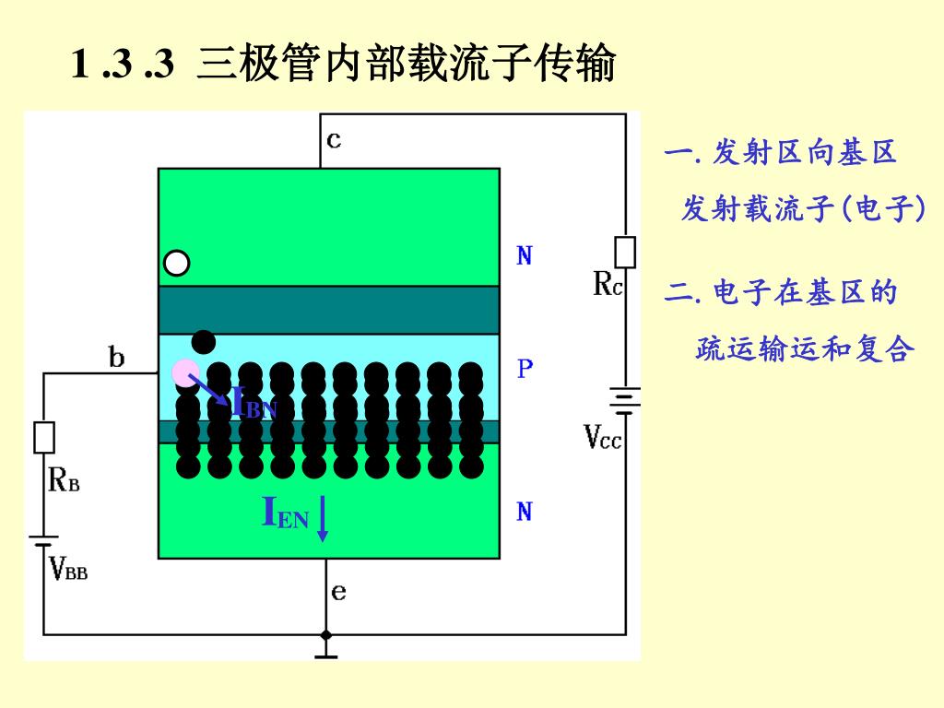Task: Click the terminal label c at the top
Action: point(334,140)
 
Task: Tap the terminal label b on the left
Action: point(117,357)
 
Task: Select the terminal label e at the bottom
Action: point(339,591)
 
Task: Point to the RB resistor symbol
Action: point(44,438)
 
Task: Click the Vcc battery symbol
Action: point(625,398)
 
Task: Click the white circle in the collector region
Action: point(177,264)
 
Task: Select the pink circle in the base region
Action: point(185,372)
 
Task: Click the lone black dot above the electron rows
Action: point(204,342)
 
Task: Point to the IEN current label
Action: point(286,513)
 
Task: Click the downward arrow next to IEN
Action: point(323,518)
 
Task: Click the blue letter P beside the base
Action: point(525,370)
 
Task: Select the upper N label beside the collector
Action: point(525,256)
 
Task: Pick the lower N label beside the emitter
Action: point(525,512)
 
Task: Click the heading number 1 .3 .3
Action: point(122,65)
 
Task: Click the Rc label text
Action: point(608,285)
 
